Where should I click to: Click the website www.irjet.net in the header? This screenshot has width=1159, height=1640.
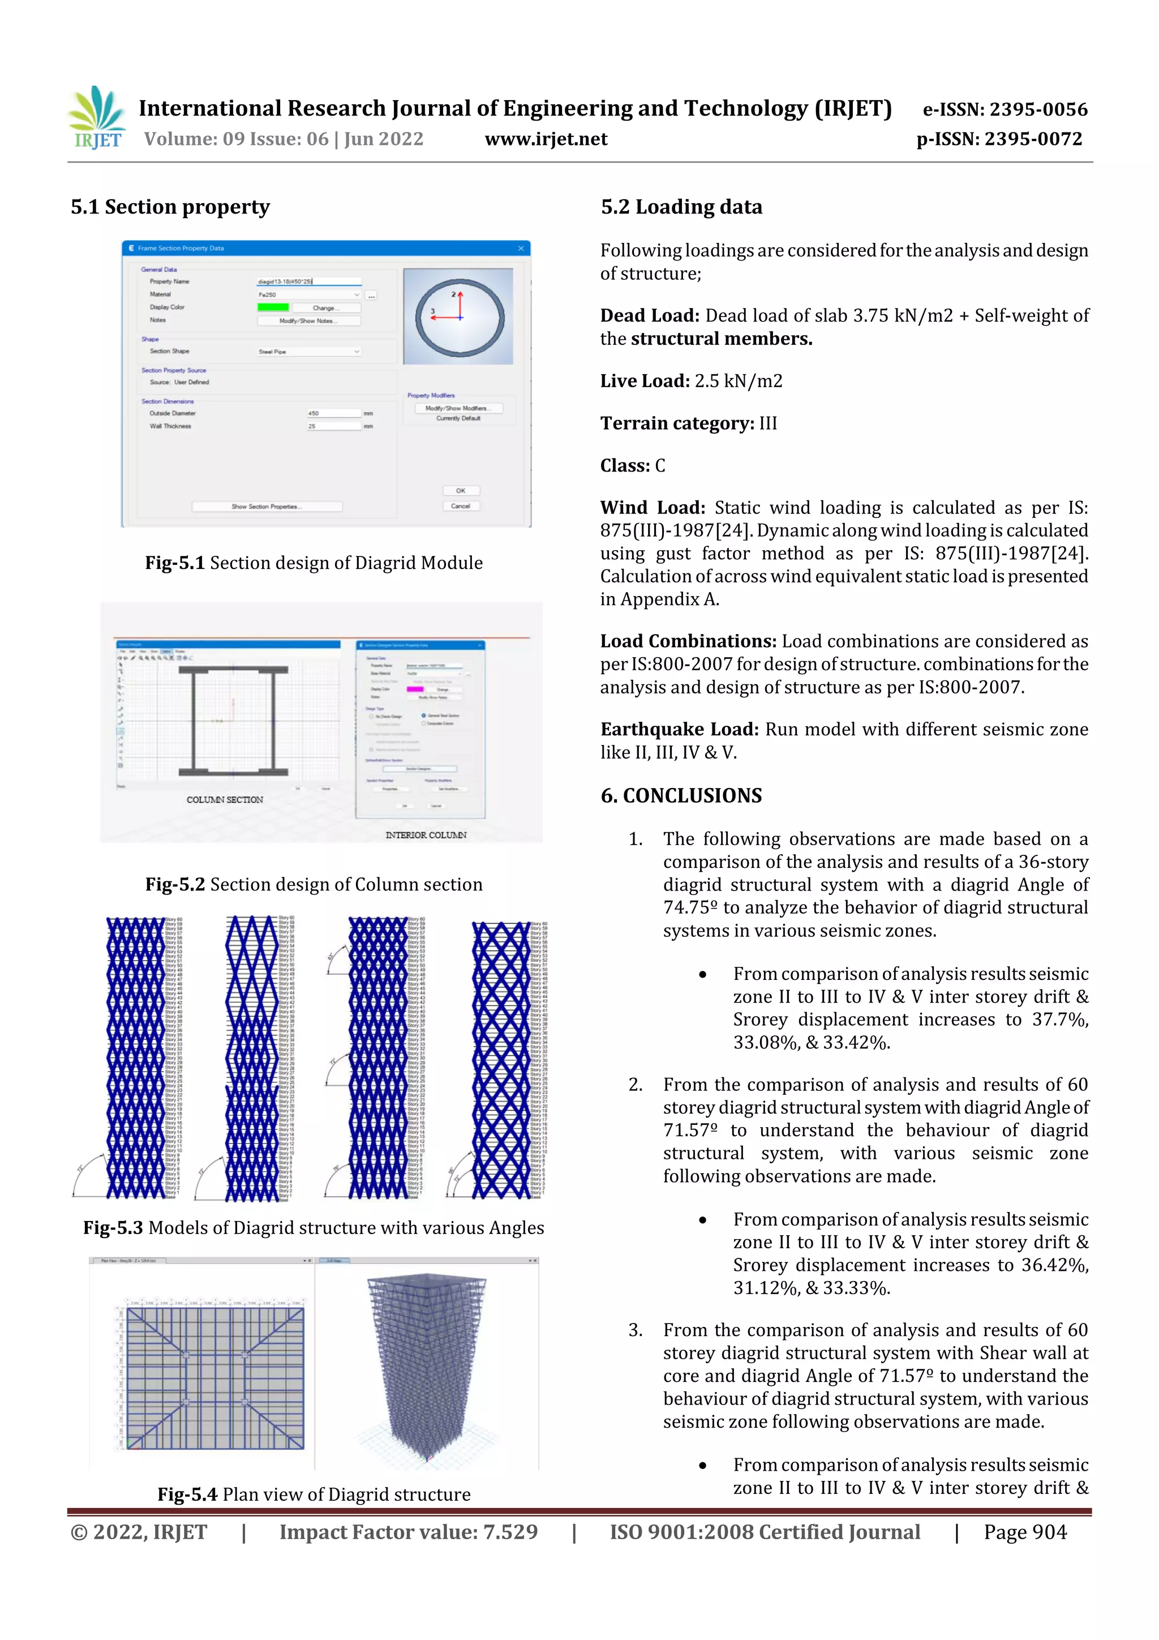click(x=546, y=139)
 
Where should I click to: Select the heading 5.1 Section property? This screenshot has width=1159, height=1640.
click(x=170, y=207)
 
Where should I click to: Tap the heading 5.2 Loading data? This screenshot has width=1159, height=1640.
click(x=681, y=207)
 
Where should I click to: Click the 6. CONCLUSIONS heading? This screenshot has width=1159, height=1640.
click(x=681, y=796)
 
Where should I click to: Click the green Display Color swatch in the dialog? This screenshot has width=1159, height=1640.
click(x=272, y=307)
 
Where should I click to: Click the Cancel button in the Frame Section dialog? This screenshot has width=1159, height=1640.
click(x=460, y=506)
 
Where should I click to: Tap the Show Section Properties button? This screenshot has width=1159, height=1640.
click(x=267, y=507)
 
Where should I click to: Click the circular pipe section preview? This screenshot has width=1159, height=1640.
click(x=458, y=316)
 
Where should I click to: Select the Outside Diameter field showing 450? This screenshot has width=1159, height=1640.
click(x=333, y=413)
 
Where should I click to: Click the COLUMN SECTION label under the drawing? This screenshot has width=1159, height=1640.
click(x=224, y=799)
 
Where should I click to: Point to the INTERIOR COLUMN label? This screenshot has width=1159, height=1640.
click(x=426, y=834)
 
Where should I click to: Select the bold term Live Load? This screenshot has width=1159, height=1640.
click(x=644, y=381)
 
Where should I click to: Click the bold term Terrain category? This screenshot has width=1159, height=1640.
click(x=676, y=423)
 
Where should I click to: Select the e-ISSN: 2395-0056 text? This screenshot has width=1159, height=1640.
click(x=1005, y=110)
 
